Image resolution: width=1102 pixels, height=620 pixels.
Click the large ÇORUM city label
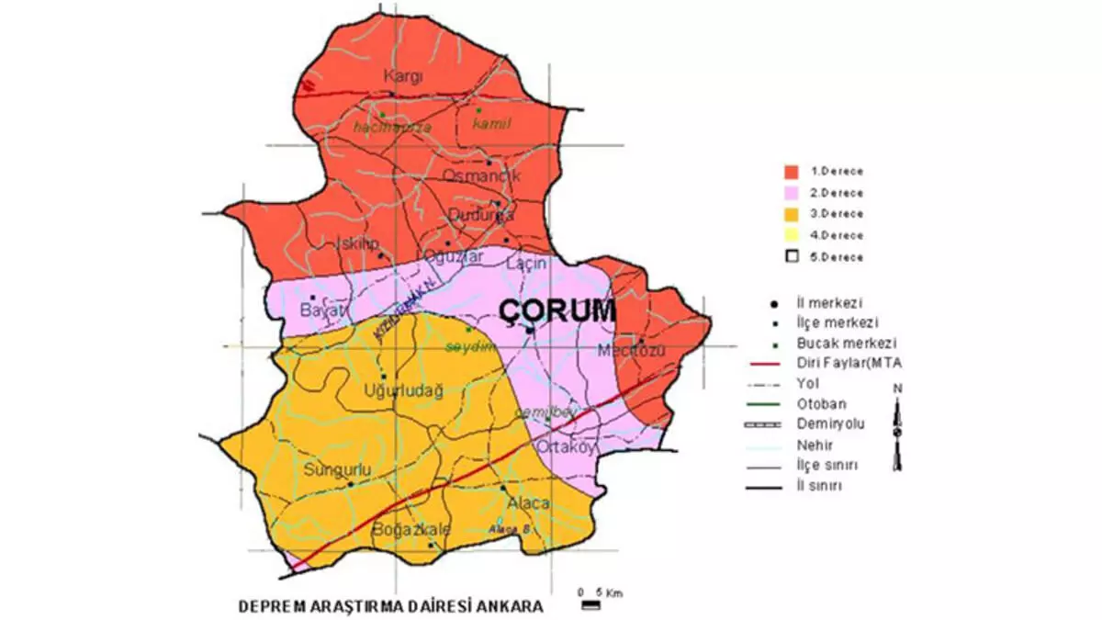[557, 311]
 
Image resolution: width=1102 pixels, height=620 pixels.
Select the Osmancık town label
[482, 175]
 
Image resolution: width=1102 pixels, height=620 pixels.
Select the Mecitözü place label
[629, 351]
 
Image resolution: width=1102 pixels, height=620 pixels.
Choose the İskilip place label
[354, 243]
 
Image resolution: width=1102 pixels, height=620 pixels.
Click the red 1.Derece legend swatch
[790, 171]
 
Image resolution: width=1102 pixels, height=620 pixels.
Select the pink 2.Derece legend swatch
[790, 193]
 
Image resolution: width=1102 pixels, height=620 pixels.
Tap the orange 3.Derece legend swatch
[790, 214]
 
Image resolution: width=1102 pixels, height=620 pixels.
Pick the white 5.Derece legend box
[790, 256]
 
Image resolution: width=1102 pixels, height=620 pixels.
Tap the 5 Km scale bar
[590, 605]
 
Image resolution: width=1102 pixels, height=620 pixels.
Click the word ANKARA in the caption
[510, 607]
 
